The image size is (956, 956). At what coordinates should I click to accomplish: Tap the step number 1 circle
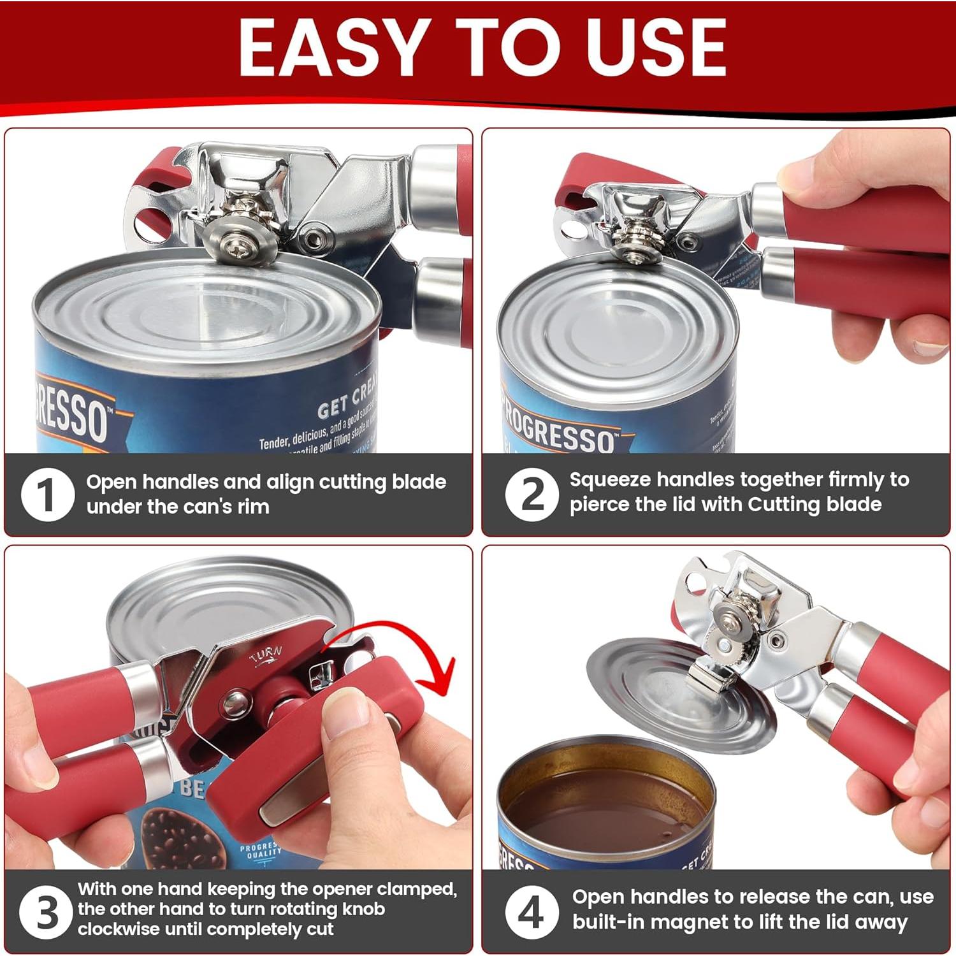tap(47, 495)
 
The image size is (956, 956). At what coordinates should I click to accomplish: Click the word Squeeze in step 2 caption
tap(609, 480)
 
